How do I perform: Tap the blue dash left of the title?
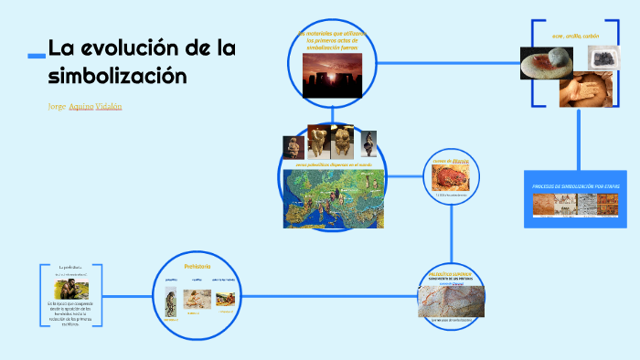coord(36,57)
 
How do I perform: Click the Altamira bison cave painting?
coord(450,180)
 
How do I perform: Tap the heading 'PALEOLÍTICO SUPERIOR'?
coord(449,273)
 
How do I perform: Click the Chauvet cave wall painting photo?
coord(448,301)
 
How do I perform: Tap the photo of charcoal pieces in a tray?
coord(602,58)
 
